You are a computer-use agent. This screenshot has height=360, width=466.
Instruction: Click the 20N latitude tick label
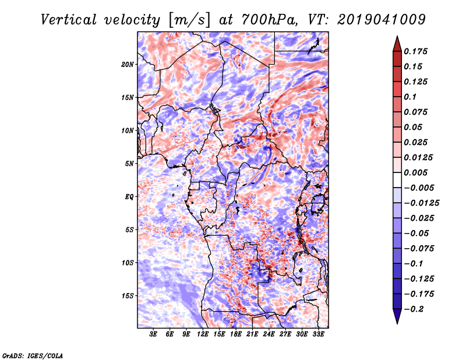128,65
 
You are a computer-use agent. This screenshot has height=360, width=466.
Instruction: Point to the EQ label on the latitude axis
129,197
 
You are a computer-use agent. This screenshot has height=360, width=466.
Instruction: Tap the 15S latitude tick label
128,296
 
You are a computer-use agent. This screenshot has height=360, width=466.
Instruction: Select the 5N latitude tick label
129,164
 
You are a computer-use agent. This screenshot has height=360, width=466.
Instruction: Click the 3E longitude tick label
153,334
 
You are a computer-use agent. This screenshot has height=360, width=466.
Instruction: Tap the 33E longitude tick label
318,334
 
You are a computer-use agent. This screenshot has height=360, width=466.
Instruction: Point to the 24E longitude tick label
269,334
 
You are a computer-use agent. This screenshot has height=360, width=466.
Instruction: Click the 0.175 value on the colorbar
415,51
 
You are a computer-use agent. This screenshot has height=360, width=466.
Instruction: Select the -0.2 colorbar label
414,309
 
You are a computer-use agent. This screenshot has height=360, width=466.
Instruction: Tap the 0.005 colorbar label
415,172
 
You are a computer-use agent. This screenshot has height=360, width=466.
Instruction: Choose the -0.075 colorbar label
419,249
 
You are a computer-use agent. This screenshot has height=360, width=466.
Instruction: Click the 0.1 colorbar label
410,97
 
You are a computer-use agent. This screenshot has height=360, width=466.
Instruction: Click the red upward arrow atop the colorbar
397,44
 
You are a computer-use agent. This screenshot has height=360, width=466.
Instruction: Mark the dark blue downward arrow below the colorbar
397,316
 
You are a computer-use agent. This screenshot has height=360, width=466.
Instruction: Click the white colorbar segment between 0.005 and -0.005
397,180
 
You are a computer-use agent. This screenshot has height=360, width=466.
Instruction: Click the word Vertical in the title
69,20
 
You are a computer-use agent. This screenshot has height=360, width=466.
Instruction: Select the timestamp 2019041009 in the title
382,20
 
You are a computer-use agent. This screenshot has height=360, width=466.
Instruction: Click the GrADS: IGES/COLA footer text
33,355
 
